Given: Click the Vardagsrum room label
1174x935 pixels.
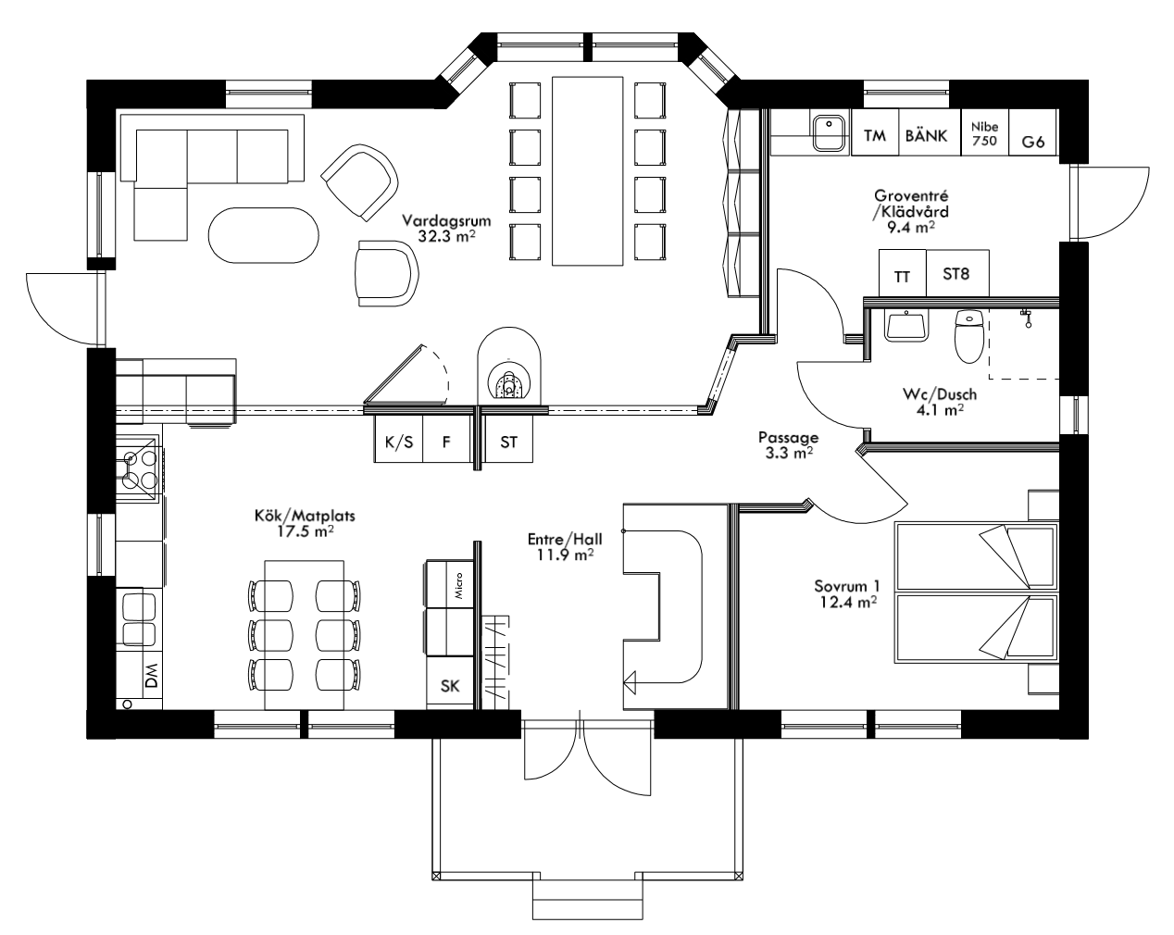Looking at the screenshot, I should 445,221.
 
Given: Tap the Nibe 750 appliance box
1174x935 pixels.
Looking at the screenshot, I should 983,135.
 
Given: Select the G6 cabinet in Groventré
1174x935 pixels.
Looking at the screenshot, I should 1032,142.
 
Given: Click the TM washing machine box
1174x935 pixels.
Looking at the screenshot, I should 874,136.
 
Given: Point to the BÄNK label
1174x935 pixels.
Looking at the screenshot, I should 926,136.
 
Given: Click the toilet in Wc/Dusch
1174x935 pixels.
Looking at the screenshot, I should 968,339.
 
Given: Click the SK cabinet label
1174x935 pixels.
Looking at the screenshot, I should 450,686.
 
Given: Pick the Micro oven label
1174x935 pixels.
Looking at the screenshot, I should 457,583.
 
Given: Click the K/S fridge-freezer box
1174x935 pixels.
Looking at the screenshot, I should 398,443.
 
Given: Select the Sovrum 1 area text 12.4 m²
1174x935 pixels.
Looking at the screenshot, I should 847,602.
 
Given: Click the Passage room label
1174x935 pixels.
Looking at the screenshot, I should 787,438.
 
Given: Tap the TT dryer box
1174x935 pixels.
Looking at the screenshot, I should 901,276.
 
